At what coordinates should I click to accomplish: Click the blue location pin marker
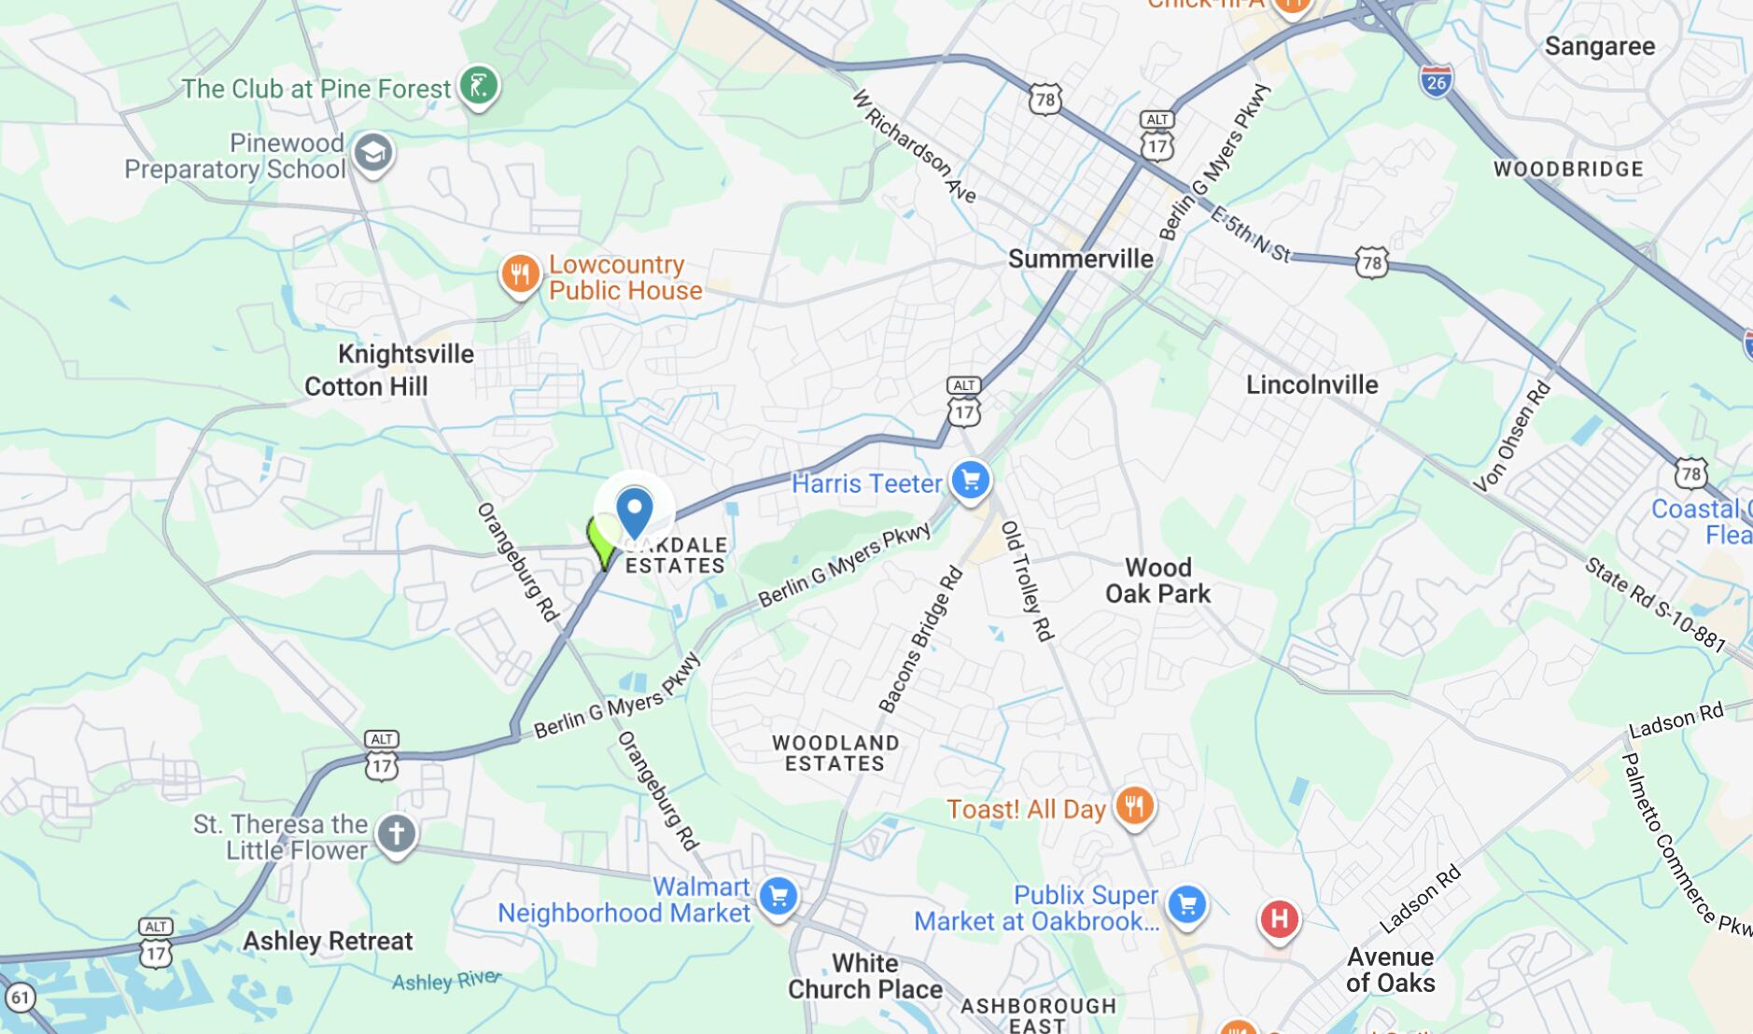coord(635,511)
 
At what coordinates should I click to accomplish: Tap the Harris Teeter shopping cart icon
coord(971,481)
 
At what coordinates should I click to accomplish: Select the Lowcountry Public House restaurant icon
coord(520,274)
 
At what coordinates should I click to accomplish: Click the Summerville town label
coord(1080,258)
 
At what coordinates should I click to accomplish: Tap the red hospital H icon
coord(1279,918)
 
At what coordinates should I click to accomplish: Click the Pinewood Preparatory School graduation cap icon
coord(373,153)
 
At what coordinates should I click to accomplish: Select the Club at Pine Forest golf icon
coord(479,86)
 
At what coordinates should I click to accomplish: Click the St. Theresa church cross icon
coord(396,832)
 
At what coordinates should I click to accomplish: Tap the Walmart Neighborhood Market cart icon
coord(778,897)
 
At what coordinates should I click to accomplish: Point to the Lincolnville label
coord(1311,384)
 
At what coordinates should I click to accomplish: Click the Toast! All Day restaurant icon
coord(1134,805)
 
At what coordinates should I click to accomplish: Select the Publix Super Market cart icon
coord(1186,903)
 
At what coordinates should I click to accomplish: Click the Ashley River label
coord(446,981)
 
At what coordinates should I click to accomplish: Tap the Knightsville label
coord(406,355)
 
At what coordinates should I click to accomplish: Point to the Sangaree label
coord(1599,47)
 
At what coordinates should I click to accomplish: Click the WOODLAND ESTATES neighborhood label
coord(835,753)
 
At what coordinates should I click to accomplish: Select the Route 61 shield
coord(21,998)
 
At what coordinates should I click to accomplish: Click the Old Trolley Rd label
coord(1027,580)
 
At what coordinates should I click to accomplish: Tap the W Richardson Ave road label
coord(914,146)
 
